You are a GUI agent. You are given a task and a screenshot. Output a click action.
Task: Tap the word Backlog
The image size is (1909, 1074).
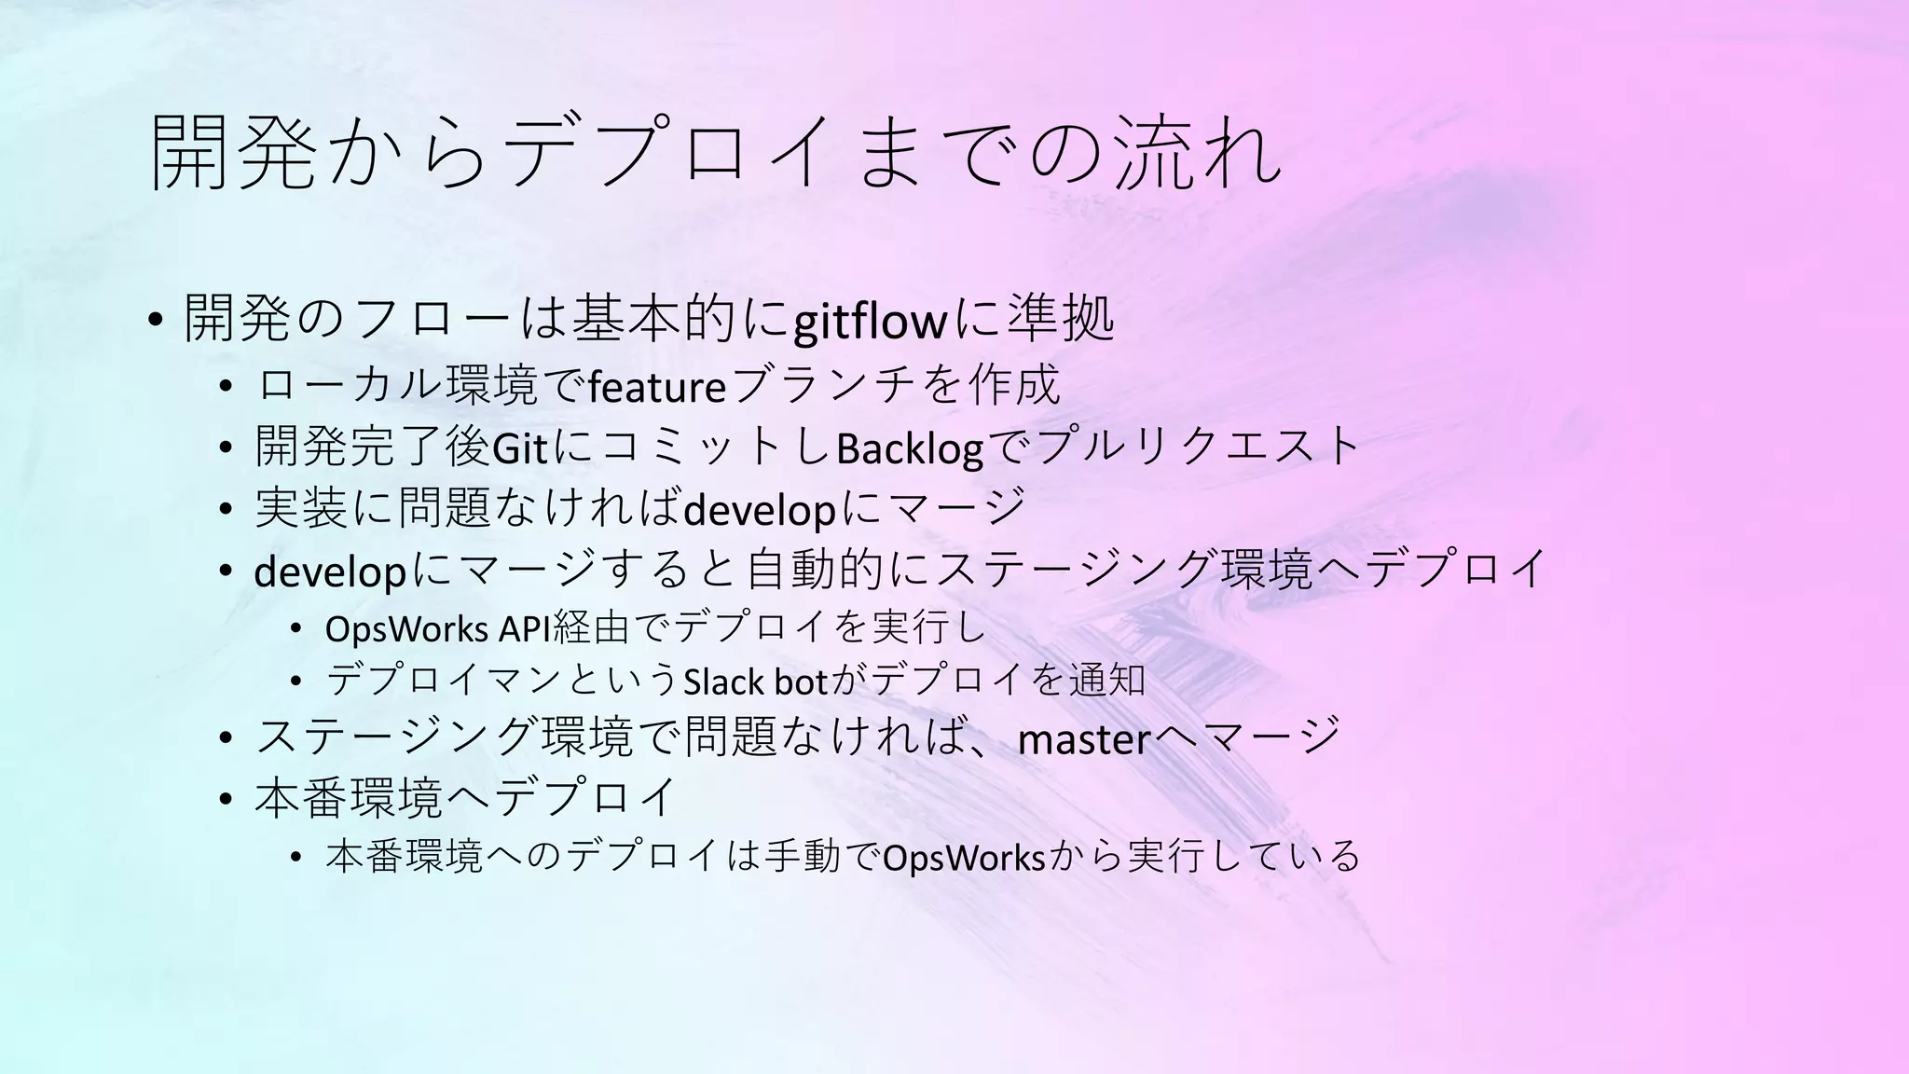910,448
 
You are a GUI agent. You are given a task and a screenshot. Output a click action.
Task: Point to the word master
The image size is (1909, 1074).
1085,739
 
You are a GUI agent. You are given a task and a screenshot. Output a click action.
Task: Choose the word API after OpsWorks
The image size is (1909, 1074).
525,630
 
